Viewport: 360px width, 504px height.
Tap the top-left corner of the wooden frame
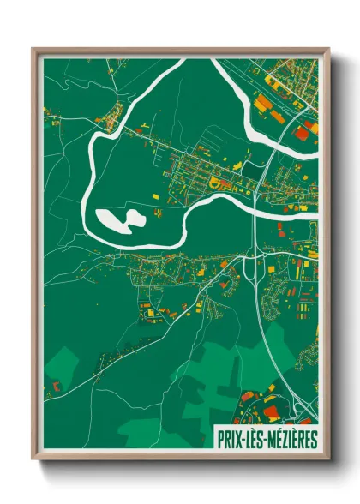coord(33,49)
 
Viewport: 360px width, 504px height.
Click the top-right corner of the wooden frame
coord(327,49)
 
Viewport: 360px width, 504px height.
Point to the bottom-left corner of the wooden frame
coord(33,460)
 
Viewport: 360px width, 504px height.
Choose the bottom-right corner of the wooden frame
coord(327,460)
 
